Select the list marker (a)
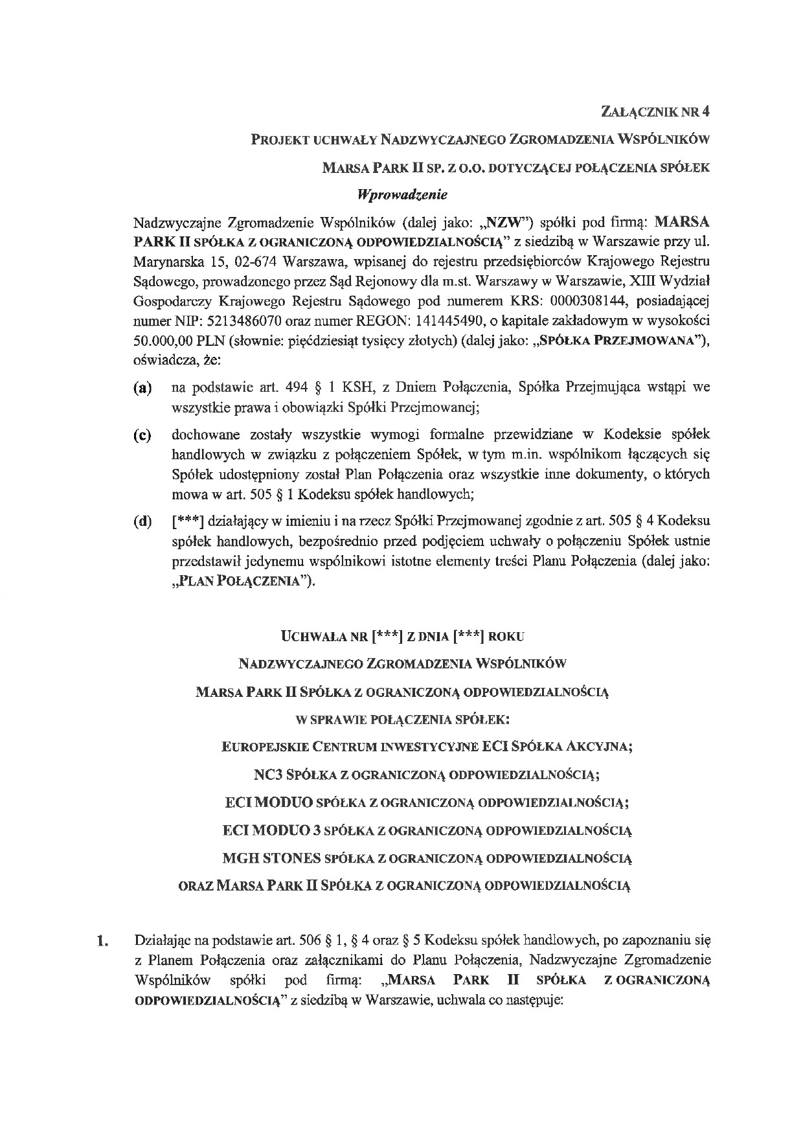pos(142,389)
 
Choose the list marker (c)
pos(142,435)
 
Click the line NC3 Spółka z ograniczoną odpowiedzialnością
pos(425,774)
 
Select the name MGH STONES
pos(271,858)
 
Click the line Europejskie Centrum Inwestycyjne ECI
pos(427,746)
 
